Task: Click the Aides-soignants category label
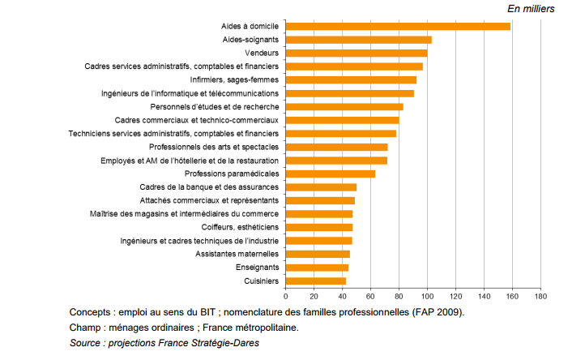pos(251,40)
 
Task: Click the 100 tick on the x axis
pos(427,297)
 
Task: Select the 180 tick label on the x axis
pos(540,297)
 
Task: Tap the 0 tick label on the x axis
pos(285,297)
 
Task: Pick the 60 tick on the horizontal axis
pos(370,297)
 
